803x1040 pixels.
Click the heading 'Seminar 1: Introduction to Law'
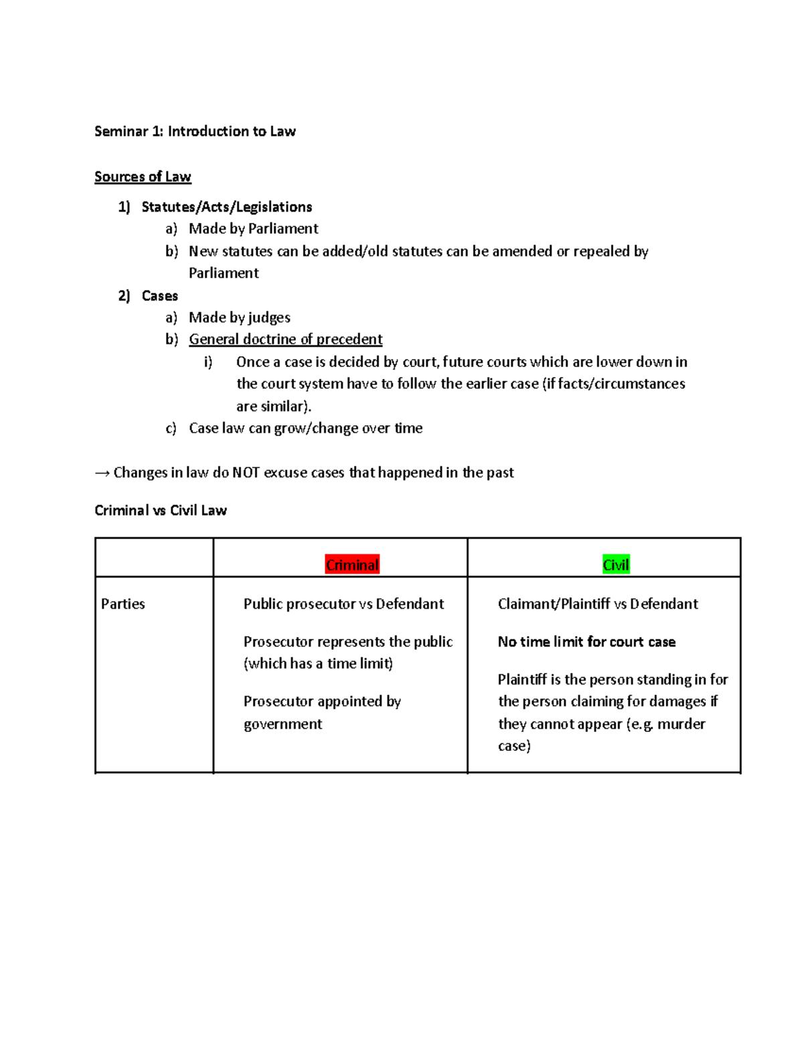(195, 131)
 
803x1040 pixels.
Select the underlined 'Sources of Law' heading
(143, 177)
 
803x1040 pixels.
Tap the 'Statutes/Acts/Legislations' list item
(227, 207)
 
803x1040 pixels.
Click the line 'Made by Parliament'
(253, 229)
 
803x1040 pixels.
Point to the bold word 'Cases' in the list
(160, 296)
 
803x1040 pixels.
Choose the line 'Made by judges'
(240, 317)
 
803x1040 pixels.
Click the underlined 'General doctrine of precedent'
(286, 340)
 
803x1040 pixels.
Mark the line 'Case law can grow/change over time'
(306, 429)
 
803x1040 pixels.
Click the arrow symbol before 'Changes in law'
(102, 473)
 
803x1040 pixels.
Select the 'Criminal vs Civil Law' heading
(161, 511)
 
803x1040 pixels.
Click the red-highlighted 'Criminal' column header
(352, 565)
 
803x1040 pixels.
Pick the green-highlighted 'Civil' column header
(616, 565)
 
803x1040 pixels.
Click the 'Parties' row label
(123, 604)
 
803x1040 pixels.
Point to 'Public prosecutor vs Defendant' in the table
(343, 604)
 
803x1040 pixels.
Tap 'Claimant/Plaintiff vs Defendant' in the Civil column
(598, 604)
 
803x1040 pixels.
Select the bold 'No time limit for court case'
(586, 642)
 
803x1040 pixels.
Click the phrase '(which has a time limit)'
(319, 664)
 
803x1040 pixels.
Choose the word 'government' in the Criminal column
(282, 724)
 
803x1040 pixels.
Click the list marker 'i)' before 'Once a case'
(208, 362)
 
